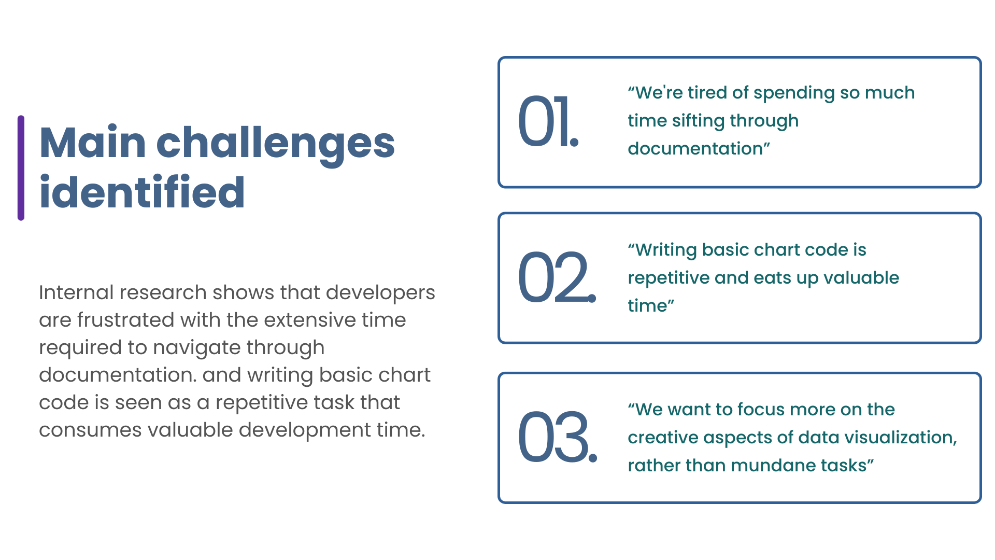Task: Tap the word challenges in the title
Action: click(x=276, y=145)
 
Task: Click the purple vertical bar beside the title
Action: click(x=21, y=168)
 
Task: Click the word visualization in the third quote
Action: click(x=900, y=438)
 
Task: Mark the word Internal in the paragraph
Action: click(x=76, y=292)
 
